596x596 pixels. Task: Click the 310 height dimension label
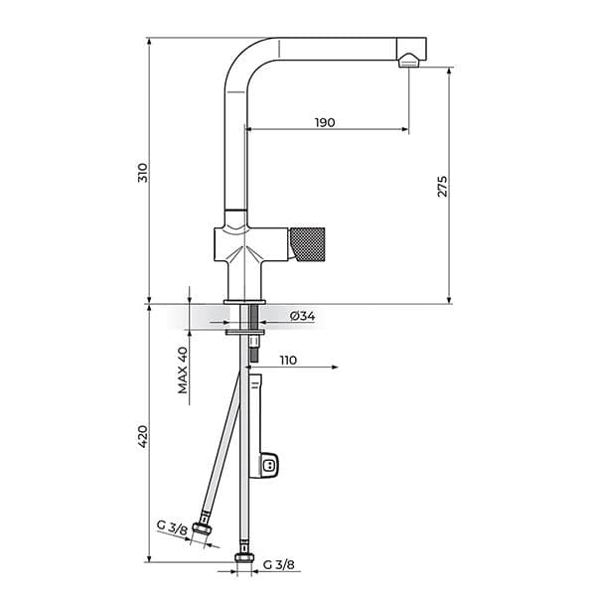(142, 173)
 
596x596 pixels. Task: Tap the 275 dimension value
(442, 187)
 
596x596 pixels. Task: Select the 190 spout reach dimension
(325, 122)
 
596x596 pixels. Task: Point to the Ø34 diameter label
(303, 316)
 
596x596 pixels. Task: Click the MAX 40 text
(183, 370)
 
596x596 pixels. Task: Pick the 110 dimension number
(288, 360)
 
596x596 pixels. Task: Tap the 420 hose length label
(142, 436)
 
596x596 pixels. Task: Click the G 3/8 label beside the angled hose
(172, 527)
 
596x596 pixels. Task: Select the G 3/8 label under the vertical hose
(278, 565)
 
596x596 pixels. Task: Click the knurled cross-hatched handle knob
(308, 244)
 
